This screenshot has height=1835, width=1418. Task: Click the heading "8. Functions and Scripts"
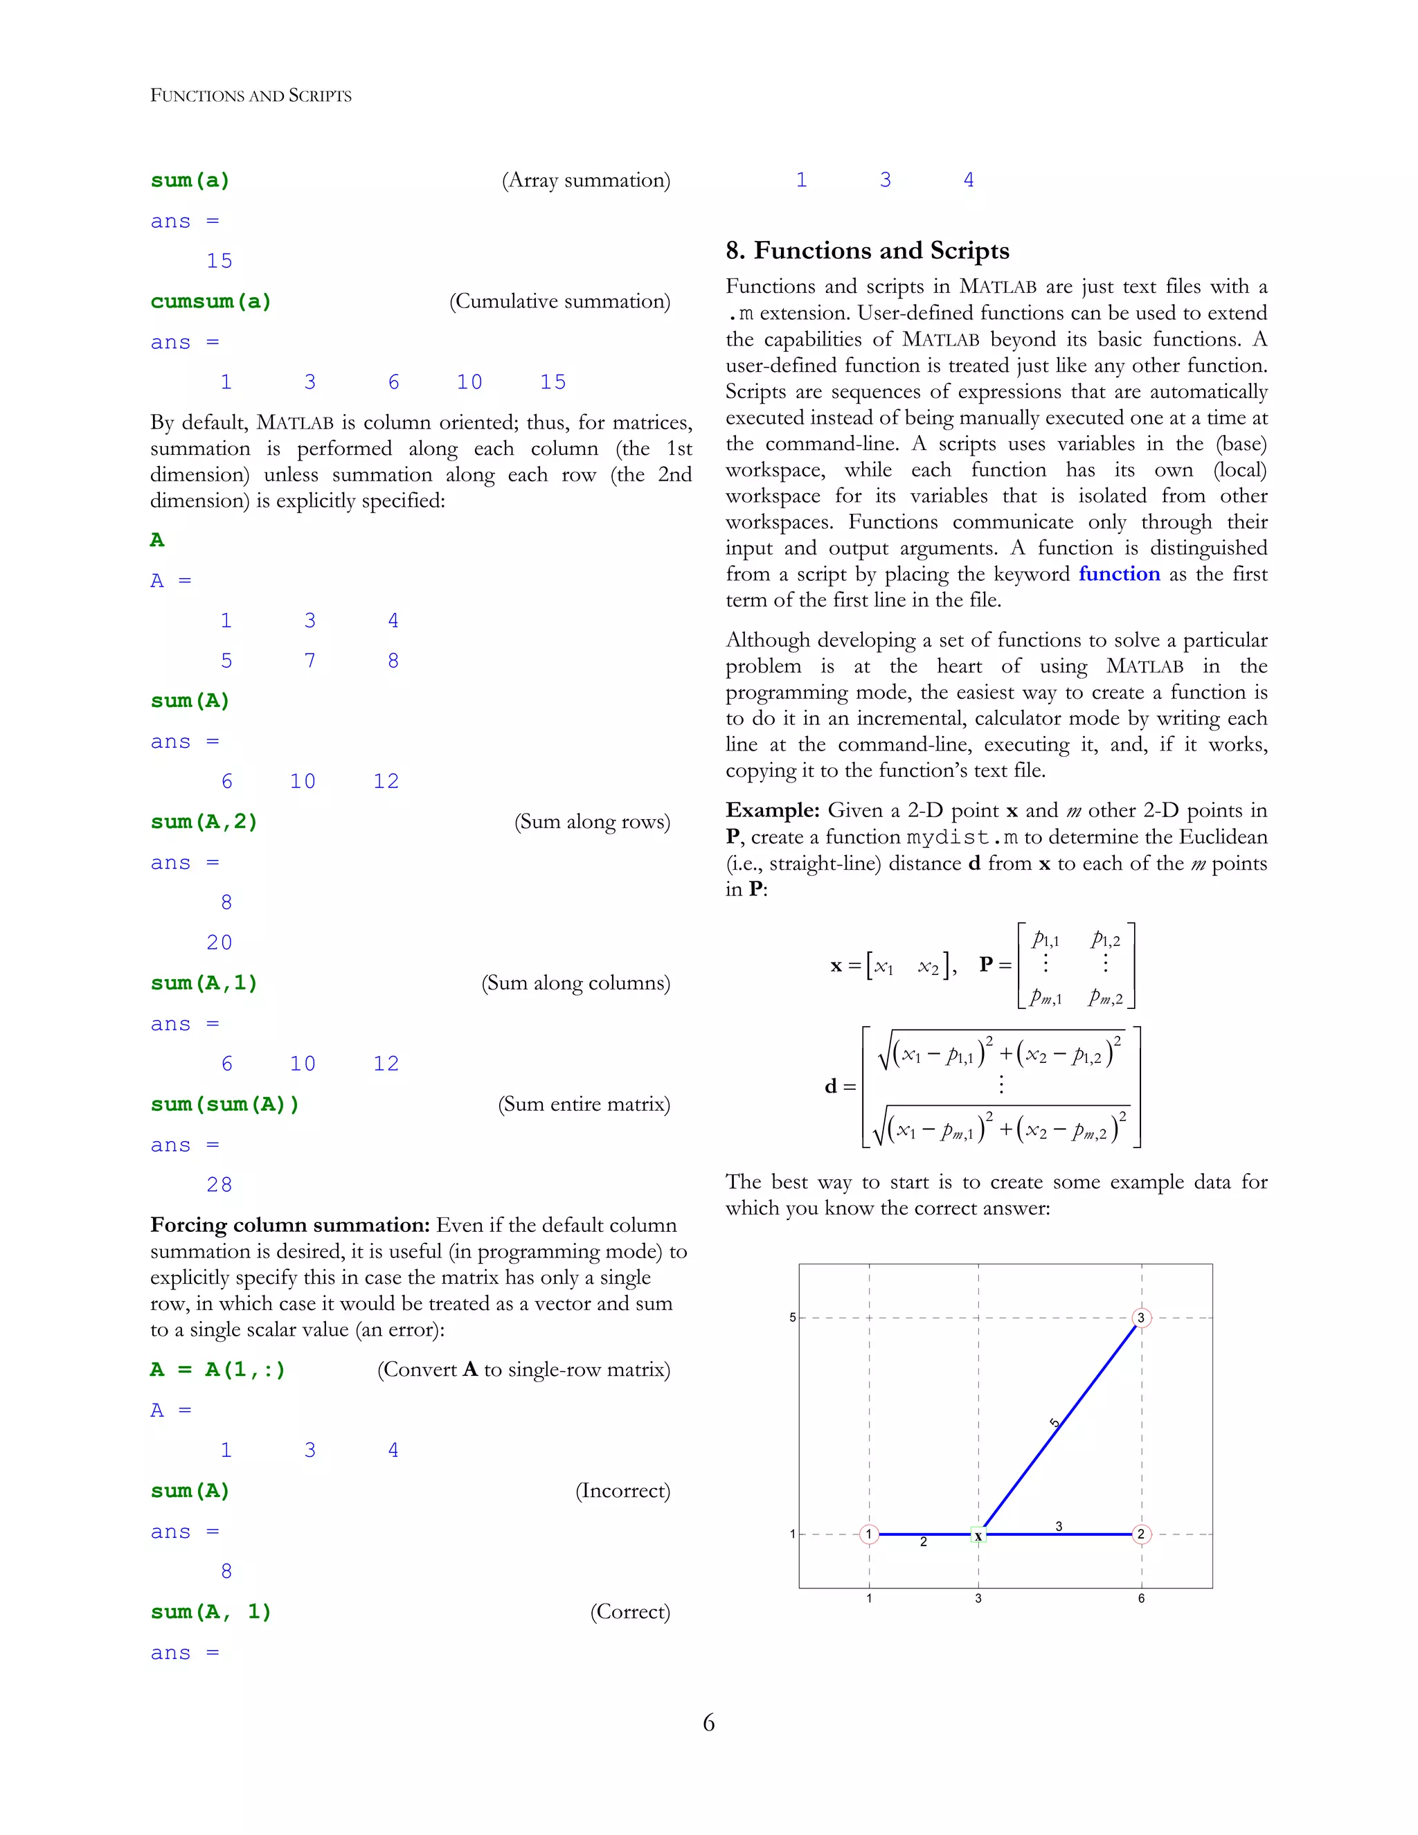(867, 251)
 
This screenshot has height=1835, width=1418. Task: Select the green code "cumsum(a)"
(211, 302)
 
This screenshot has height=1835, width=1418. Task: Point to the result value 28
(219, 1185)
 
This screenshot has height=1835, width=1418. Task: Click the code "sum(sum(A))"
(224, 1104)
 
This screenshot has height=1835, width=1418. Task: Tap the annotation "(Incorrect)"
(622, 1491)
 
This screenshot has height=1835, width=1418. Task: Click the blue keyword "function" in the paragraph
(1119, 574)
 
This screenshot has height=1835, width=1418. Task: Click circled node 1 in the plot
(870, 1534)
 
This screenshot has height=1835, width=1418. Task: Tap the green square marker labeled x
(978, 1535)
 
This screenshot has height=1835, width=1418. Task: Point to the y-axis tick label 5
(792, 1318)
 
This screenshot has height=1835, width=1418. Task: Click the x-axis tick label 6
(1141, 1598)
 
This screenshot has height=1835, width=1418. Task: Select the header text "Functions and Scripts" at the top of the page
(251, 96)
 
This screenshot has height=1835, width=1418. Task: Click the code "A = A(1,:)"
(217, 1370)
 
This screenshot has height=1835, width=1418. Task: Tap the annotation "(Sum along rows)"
(592, 822)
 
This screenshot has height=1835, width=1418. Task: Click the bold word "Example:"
(772, 810)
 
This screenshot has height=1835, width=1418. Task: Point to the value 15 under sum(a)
(219, 261)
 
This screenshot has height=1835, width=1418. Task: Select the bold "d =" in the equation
(839, 1086)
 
